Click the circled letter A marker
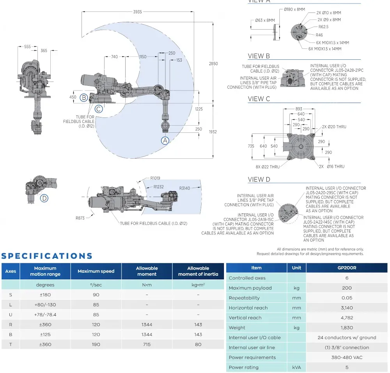[165, 140]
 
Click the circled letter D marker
[44, 198]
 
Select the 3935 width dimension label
[137, 12]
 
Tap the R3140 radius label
[185, 188]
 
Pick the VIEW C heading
[259, 99]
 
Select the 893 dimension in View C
[299, 109]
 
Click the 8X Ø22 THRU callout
[267, 167]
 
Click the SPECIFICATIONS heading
[47, 256]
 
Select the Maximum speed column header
[96, 271]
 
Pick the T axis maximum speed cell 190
[96, 344]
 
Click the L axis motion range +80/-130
[45, 305]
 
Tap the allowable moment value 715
[147, 344]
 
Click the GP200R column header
[347, 268]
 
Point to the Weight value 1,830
[347, 328]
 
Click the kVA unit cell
[296, 367]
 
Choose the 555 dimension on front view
[27, 46]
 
